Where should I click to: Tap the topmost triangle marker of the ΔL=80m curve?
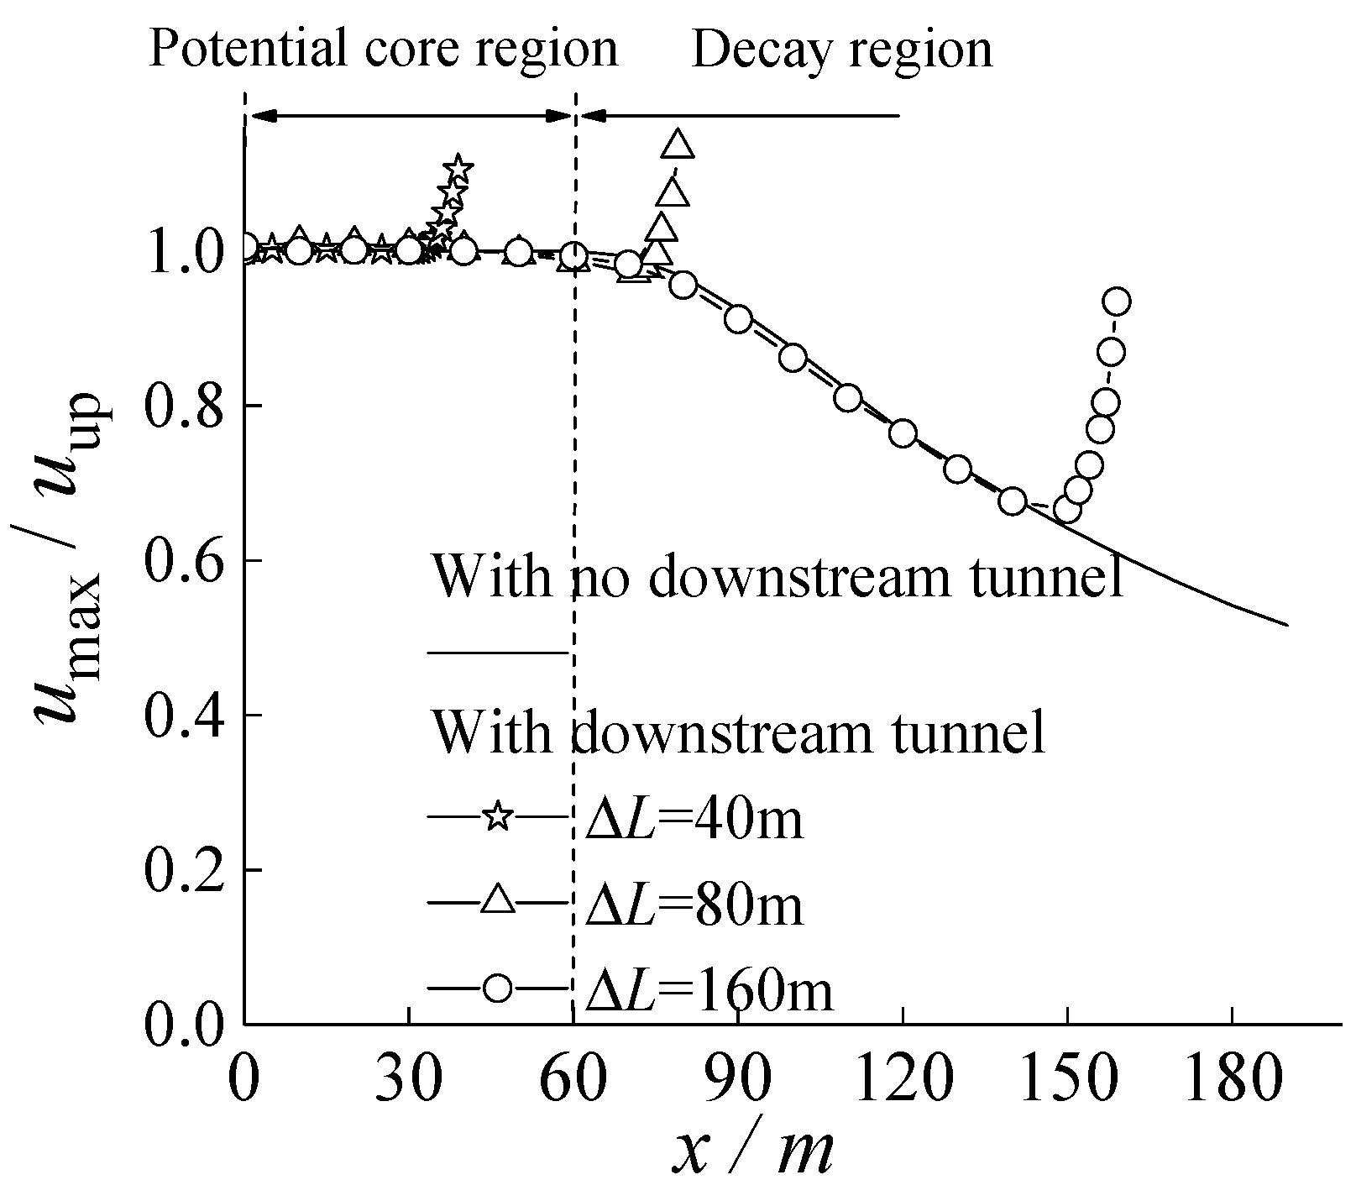coord(678,144)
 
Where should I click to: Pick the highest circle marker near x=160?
coord(1117,302)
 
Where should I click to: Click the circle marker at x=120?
coord(903,434)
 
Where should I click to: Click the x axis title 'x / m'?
coord(752,1151)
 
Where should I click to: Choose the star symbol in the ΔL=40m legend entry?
coord(498,815)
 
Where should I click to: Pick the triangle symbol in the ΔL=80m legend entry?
coord(498,901)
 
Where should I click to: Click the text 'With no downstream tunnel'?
coord(777,577)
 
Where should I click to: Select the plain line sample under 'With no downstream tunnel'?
coord(498,651)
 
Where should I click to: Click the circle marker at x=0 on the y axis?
coord(245,247)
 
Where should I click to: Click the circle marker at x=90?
coord(738,319)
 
